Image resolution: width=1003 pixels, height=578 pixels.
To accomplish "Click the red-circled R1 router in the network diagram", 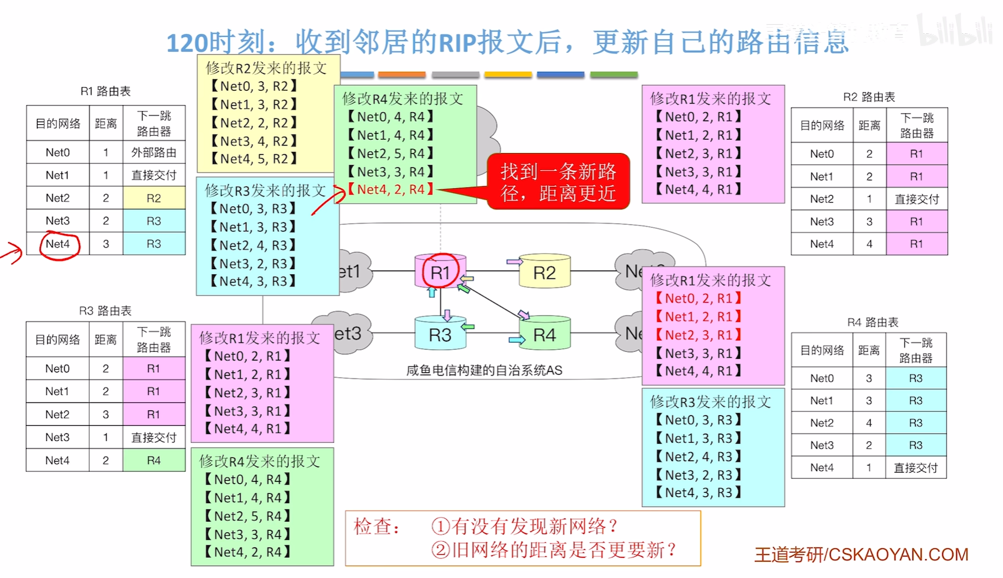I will pos(440,272).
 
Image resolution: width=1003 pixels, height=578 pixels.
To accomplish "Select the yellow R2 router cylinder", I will pos(544,273).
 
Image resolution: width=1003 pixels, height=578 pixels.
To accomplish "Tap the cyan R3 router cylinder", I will pos(440,334).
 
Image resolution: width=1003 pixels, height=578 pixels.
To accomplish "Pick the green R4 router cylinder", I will pos(544,334).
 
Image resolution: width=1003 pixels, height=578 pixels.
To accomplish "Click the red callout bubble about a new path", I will pos(558,182).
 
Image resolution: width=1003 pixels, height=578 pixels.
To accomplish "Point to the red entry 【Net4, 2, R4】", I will pos(391,190).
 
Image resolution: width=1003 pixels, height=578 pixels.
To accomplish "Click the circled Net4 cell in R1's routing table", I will pos(58,244).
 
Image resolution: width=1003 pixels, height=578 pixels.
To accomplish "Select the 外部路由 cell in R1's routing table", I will pos(154,152).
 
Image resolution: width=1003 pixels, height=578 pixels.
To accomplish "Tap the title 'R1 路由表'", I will pos(105,91).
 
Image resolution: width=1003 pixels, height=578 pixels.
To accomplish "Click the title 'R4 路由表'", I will pos(872,323).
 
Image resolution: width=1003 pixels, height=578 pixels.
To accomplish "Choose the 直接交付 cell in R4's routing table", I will pos(916,468).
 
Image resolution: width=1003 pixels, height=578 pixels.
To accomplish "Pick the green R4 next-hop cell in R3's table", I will pos(154,460).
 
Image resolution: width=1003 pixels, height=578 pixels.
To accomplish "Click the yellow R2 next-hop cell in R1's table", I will pos(154,198).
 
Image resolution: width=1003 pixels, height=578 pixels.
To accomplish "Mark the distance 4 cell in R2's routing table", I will pos(869,244).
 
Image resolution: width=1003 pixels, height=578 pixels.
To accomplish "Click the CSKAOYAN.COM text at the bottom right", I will pos(898,554).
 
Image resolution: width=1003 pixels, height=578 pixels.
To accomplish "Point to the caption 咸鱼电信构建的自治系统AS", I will pos(484,370).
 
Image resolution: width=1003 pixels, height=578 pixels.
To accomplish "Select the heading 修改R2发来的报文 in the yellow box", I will pos(266,68).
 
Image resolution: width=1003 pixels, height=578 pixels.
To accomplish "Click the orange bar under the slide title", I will pos(402,74).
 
